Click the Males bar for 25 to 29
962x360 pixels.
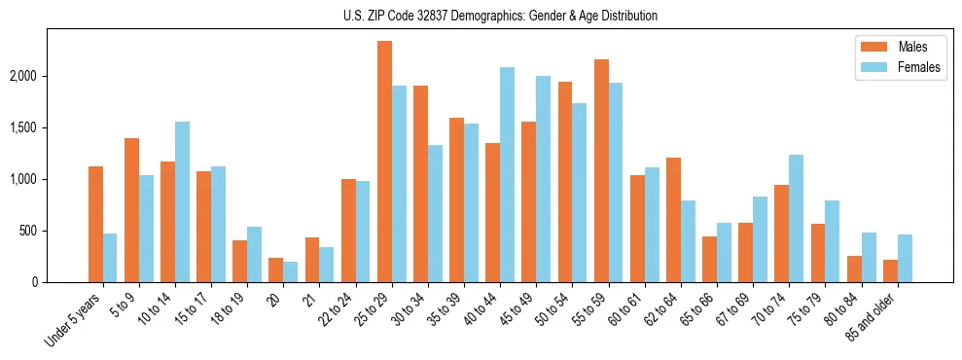pyautogui.click(x=384, y=162)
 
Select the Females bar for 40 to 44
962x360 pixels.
pyautogui.click(x=507, y=175)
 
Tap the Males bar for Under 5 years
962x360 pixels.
pyautogui.click(x=95, y=225)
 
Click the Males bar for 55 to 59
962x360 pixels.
pyautogui.click(x=601, y=171)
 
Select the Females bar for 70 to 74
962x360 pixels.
pyautogui.click(x=797, y=219)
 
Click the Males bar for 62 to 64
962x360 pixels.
pyautogui.click(x=673, y=220)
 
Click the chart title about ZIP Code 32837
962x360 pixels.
pyautogui.click(x=500, y=16)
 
